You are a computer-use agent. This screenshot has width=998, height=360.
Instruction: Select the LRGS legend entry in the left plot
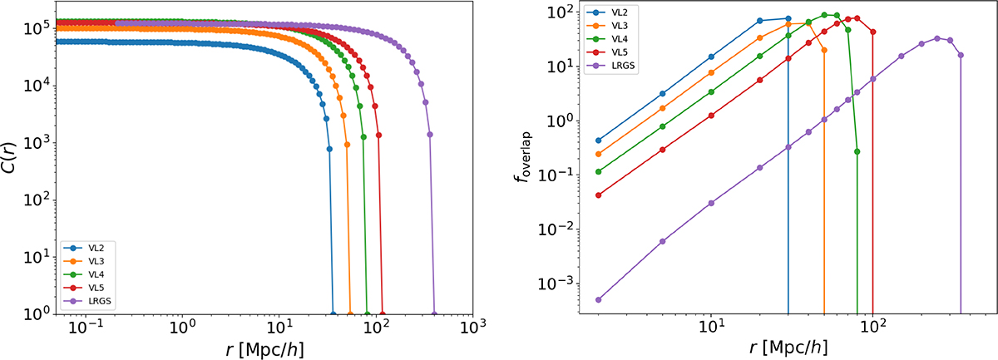click(88, 302)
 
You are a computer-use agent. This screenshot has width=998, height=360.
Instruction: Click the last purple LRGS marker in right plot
click(961, 56)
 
